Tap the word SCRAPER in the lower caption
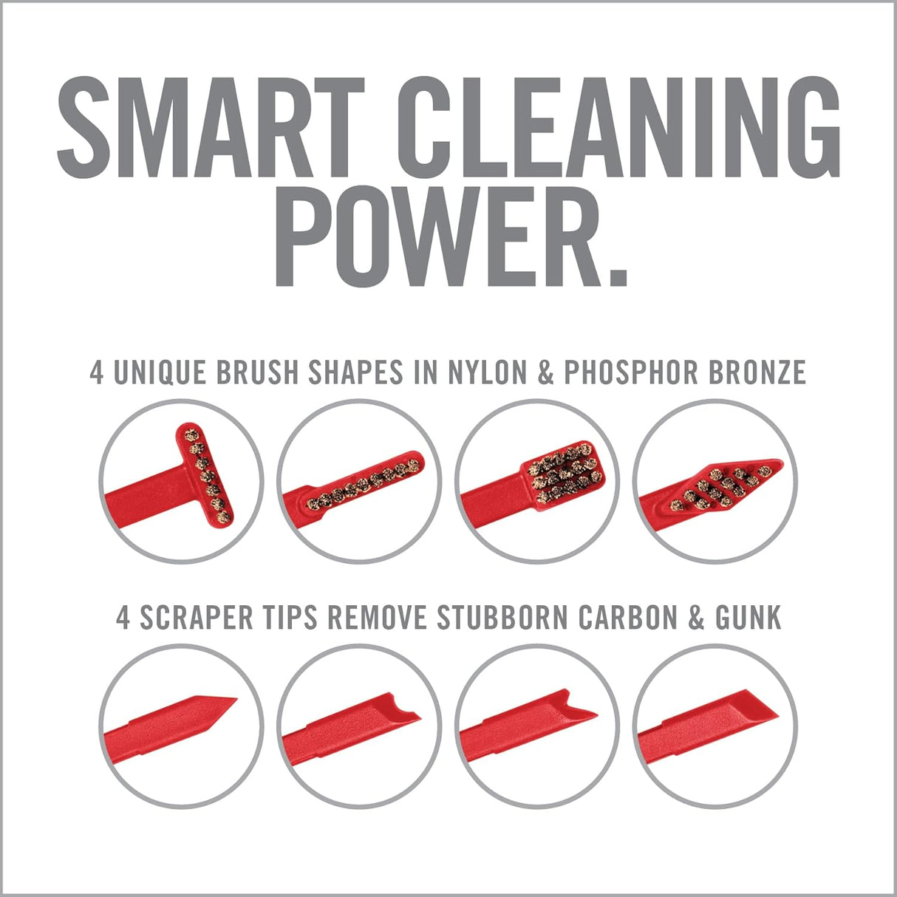194,618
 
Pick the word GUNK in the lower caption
746,618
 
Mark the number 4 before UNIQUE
96,373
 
